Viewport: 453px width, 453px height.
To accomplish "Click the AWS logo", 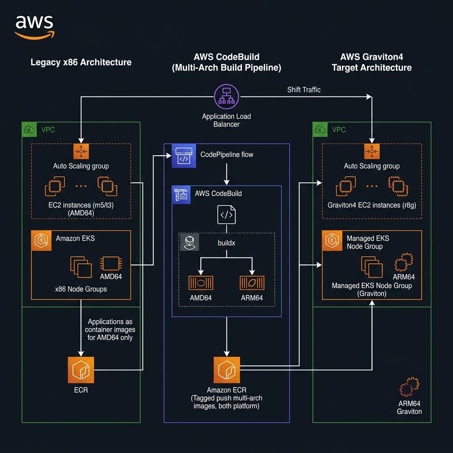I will tap(34, 27).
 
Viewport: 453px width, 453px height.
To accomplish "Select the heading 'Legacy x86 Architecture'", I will tap(81, 62).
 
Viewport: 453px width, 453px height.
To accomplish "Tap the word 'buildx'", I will tap(226, 243).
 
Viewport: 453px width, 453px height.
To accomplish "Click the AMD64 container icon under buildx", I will tap(201, 283).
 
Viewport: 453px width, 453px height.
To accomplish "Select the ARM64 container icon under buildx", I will tap(252, 283).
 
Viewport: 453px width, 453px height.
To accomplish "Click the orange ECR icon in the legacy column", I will tap(81, 370).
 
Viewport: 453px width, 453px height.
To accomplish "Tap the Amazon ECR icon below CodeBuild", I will tap(226, 370).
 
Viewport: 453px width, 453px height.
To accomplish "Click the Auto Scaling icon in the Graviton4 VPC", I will tap(371, 152).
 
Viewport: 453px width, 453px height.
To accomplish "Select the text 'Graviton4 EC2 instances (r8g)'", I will tap(372, 205).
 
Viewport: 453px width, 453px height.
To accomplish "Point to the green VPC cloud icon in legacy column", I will tap(30, 130).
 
